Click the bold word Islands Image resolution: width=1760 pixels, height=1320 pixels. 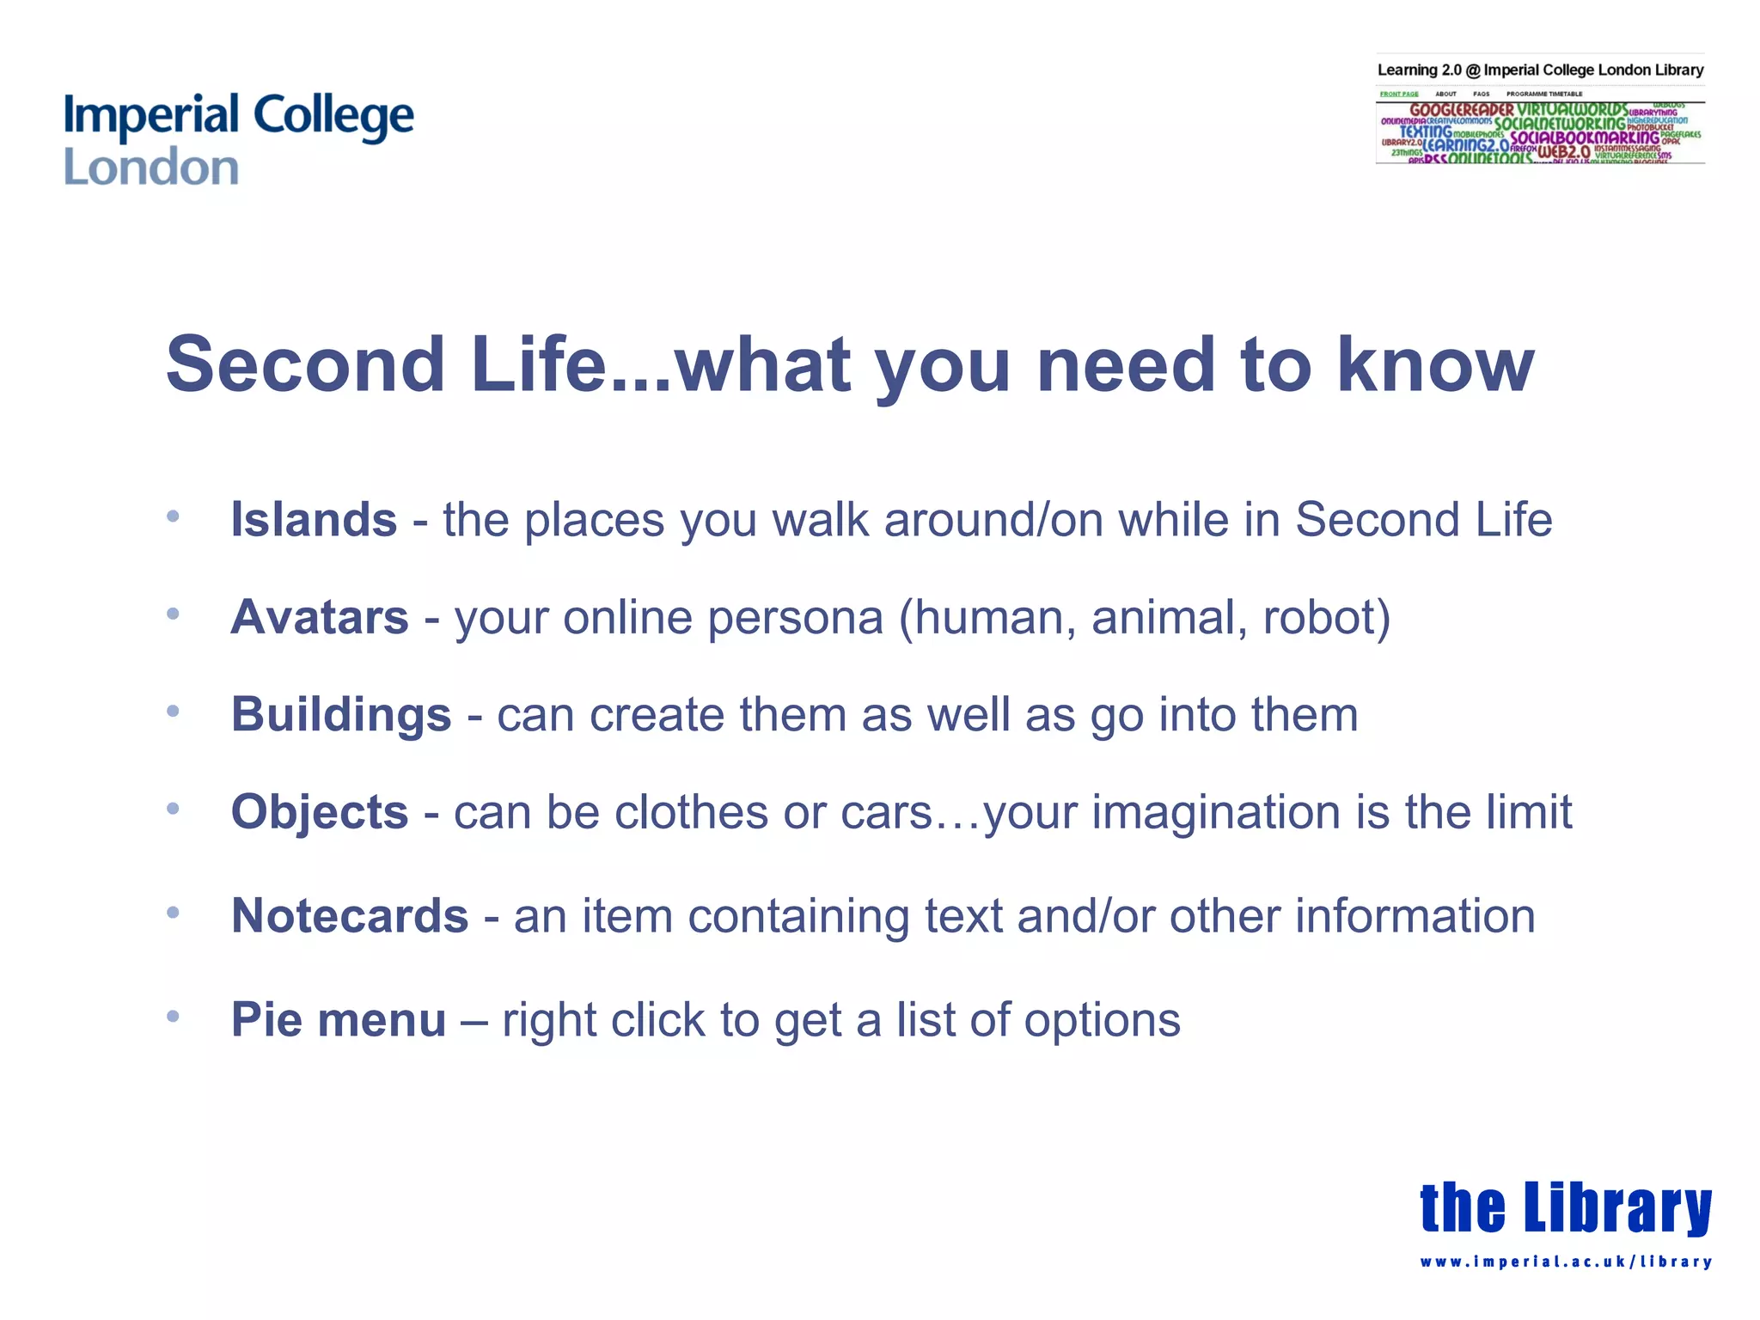click(x=314, y=520)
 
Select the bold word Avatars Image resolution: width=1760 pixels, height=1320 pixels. click(x=319, y=617)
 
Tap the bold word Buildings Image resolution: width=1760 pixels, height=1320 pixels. click(x=340, y=714)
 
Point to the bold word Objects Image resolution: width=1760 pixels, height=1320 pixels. click(x=319, y=812)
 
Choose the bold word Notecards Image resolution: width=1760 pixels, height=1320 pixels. click(x=350, y=915)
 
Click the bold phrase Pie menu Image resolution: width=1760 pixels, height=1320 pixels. click(x=338, y=1019)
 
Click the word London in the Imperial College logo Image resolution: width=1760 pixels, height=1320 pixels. click(x=151, y=167)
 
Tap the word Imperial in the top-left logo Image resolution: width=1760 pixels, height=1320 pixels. click(x=151, y=115)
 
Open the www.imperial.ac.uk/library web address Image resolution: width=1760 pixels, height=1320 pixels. click(x=1565, y=1262)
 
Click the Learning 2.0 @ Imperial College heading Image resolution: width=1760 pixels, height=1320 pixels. click(x=1540, y=70)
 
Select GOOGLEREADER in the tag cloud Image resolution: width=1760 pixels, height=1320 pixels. click(x=1461, y=110)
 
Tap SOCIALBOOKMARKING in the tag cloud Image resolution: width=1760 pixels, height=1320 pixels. click(x=1585, y=137)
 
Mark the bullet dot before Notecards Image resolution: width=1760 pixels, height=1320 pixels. click(x=173, y=912)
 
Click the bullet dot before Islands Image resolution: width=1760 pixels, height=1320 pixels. click(x=173, y=516)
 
